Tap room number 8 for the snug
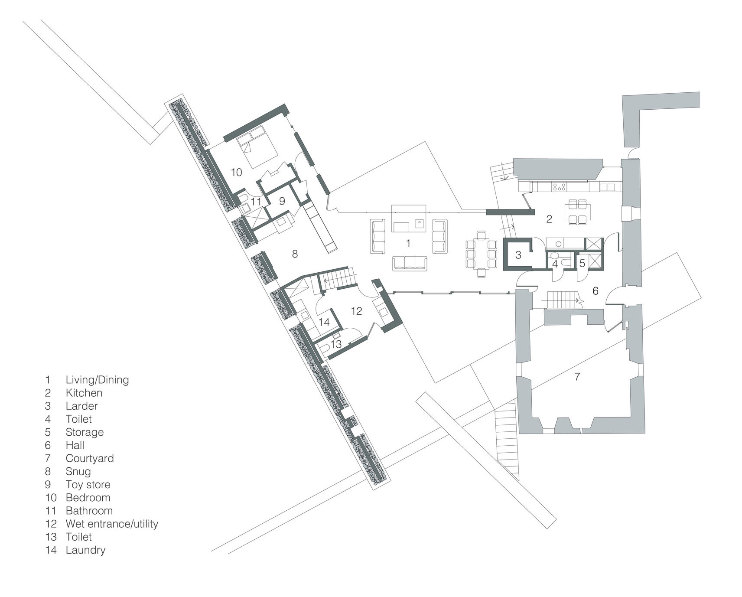[x=295, y=254]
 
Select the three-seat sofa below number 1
[x=410, y=263]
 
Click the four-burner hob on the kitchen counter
[x=559, y=187]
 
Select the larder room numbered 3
[x=518, y=255]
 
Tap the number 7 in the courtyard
[x=577, y=377]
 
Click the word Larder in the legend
[x=81, y=406]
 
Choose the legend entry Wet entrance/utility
[x=112, y=524]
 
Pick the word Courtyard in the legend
[x=89, y=459]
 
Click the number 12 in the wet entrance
[x=356, y=311]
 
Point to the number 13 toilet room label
[x=336, y=345]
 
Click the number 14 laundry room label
[x=324, y=323]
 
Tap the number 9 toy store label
[x=282, y=202]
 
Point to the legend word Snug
[x=78, y=472]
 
